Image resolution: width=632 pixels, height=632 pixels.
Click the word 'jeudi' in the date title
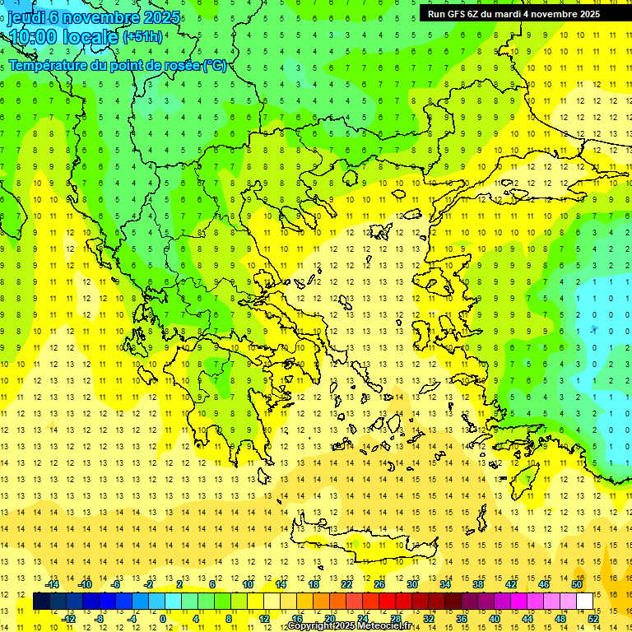point(26,17)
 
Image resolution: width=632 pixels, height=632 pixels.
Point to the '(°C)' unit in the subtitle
point(215,65)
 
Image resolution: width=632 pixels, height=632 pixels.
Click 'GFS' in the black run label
point(455,14)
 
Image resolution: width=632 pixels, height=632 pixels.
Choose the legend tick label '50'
point(576,584)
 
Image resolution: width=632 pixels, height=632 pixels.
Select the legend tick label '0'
point(163,618)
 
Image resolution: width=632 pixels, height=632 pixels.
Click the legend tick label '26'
point(379,584)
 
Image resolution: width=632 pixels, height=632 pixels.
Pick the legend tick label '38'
point(478,584)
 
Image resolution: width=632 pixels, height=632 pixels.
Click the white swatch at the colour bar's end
point(585,602)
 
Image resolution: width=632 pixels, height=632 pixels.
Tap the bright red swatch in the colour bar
point(388,602)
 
